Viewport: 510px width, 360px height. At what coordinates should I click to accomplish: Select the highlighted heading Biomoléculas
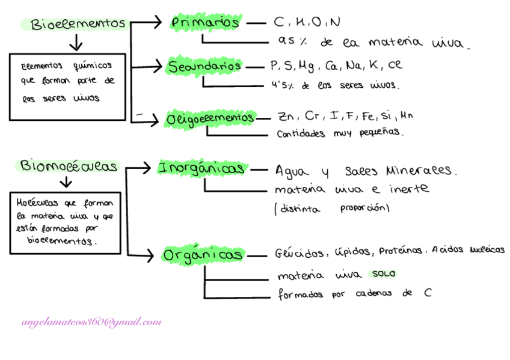69,166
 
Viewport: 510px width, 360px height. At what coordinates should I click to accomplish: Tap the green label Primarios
205,22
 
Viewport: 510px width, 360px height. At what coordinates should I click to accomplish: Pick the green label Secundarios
204,66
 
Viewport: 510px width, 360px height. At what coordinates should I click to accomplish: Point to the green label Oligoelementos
210,118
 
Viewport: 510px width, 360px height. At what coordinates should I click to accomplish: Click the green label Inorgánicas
201,168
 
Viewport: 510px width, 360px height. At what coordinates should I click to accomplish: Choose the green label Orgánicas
203,255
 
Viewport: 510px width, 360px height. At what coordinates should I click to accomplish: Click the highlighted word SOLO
383,274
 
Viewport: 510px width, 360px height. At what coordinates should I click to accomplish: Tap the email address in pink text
91,322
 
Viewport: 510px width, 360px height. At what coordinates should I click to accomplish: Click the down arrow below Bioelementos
76,43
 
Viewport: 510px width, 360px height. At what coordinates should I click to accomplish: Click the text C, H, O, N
307,22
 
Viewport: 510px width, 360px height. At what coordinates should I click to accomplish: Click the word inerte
408,189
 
